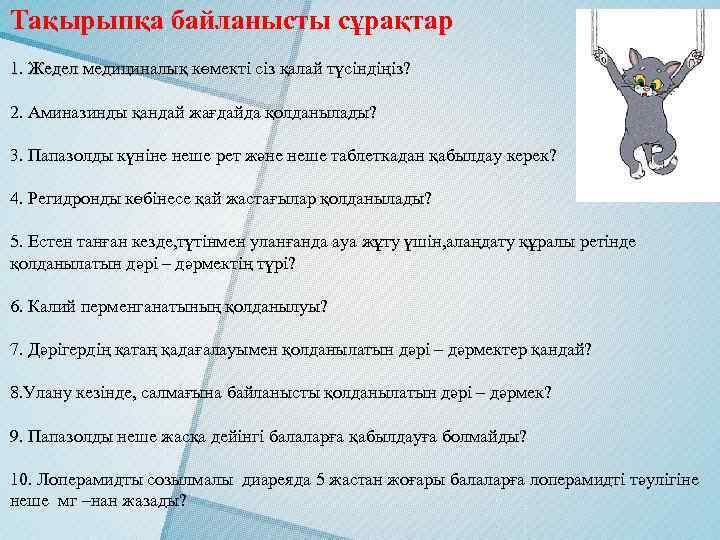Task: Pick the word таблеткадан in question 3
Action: [x=422, y=157]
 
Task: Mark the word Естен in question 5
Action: [x=47, y=242]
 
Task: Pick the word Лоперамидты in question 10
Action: [x=81, y=480]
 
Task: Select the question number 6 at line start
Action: [x=14, y=305]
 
